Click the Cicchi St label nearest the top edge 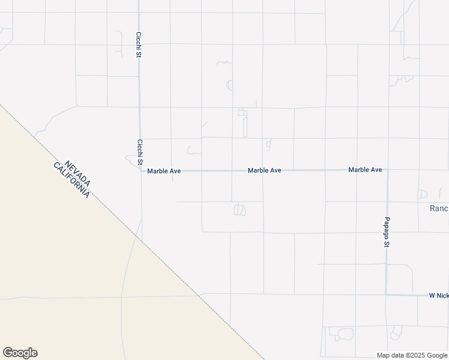coord(139,45)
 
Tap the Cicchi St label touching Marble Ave coord(139,152)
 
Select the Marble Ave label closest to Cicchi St coord(164,171)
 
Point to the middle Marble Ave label coord(265,170)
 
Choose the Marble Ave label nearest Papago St coord(365,170)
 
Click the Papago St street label coord(387,232)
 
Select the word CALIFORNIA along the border coord(71,181)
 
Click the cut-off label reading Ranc coord(439,209)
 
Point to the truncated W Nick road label coord(438,295)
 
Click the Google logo coord(20,352)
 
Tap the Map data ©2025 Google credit coord(412,355)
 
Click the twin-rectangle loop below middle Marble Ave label coord(240,209)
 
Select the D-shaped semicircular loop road coord(422,194)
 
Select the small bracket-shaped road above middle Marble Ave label coord(268,145)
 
